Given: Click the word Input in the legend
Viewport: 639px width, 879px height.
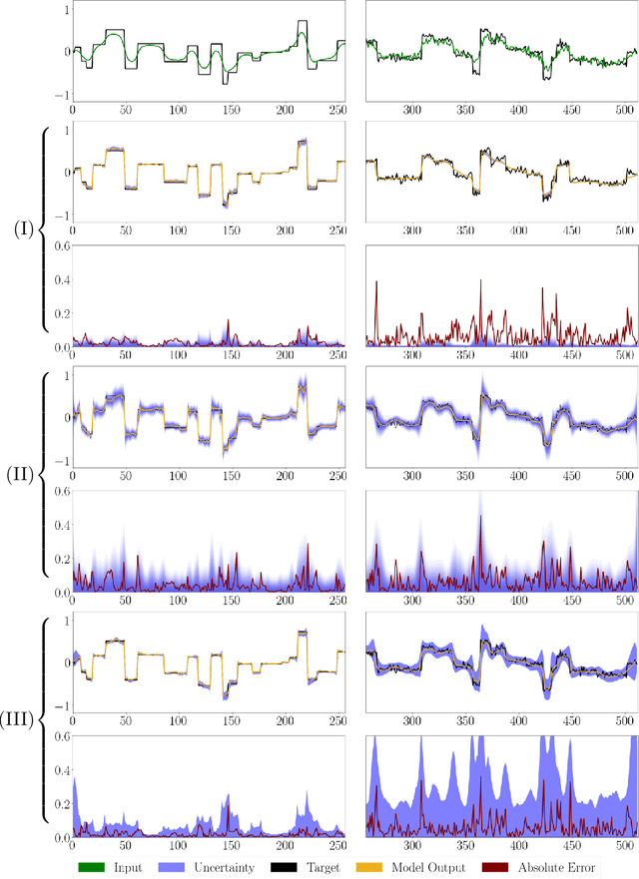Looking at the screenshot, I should (128, 868).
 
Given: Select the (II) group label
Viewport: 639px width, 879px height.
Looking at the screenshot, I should (22, 474).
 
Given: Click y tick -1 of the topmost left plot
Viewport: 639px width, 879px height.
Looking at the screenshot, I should (62, 94).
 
